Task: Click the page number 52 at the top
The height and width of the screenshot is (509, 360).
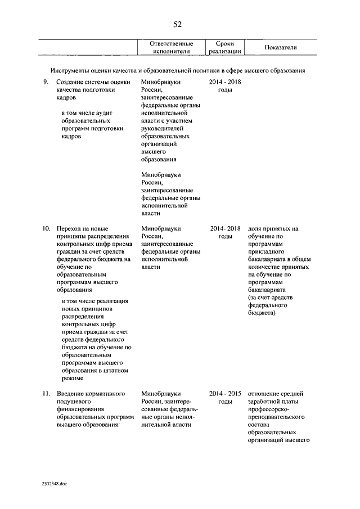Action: (x=177, y=24)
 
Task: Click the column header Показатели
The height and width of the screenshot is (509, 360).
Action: (x=280, y=47)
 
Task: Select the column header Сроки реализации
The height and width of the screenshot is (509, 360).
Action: (x=225, y=47)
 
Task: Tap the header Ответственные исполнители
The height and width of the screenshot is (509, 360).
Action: (x=172, y=47)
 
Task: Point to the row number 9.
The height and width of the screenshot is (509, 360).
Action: (x=46, y=83)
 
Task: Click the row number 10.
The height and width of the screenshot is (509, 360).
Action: (x=46, y=229)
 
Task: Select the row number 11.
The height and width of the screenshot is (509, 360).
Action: (x=46, y=394)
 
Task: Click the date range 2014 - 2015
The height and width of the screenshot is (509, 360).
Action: (x=225, y=394)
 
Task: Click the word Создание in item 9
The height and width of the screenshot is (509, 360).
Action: (x=70, y=83)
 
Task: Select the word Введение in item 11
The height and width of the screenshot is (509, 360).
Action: (x=70, y=394)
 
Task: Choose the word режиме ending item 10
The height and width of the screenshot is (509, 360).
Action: (x=73, y=379)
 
